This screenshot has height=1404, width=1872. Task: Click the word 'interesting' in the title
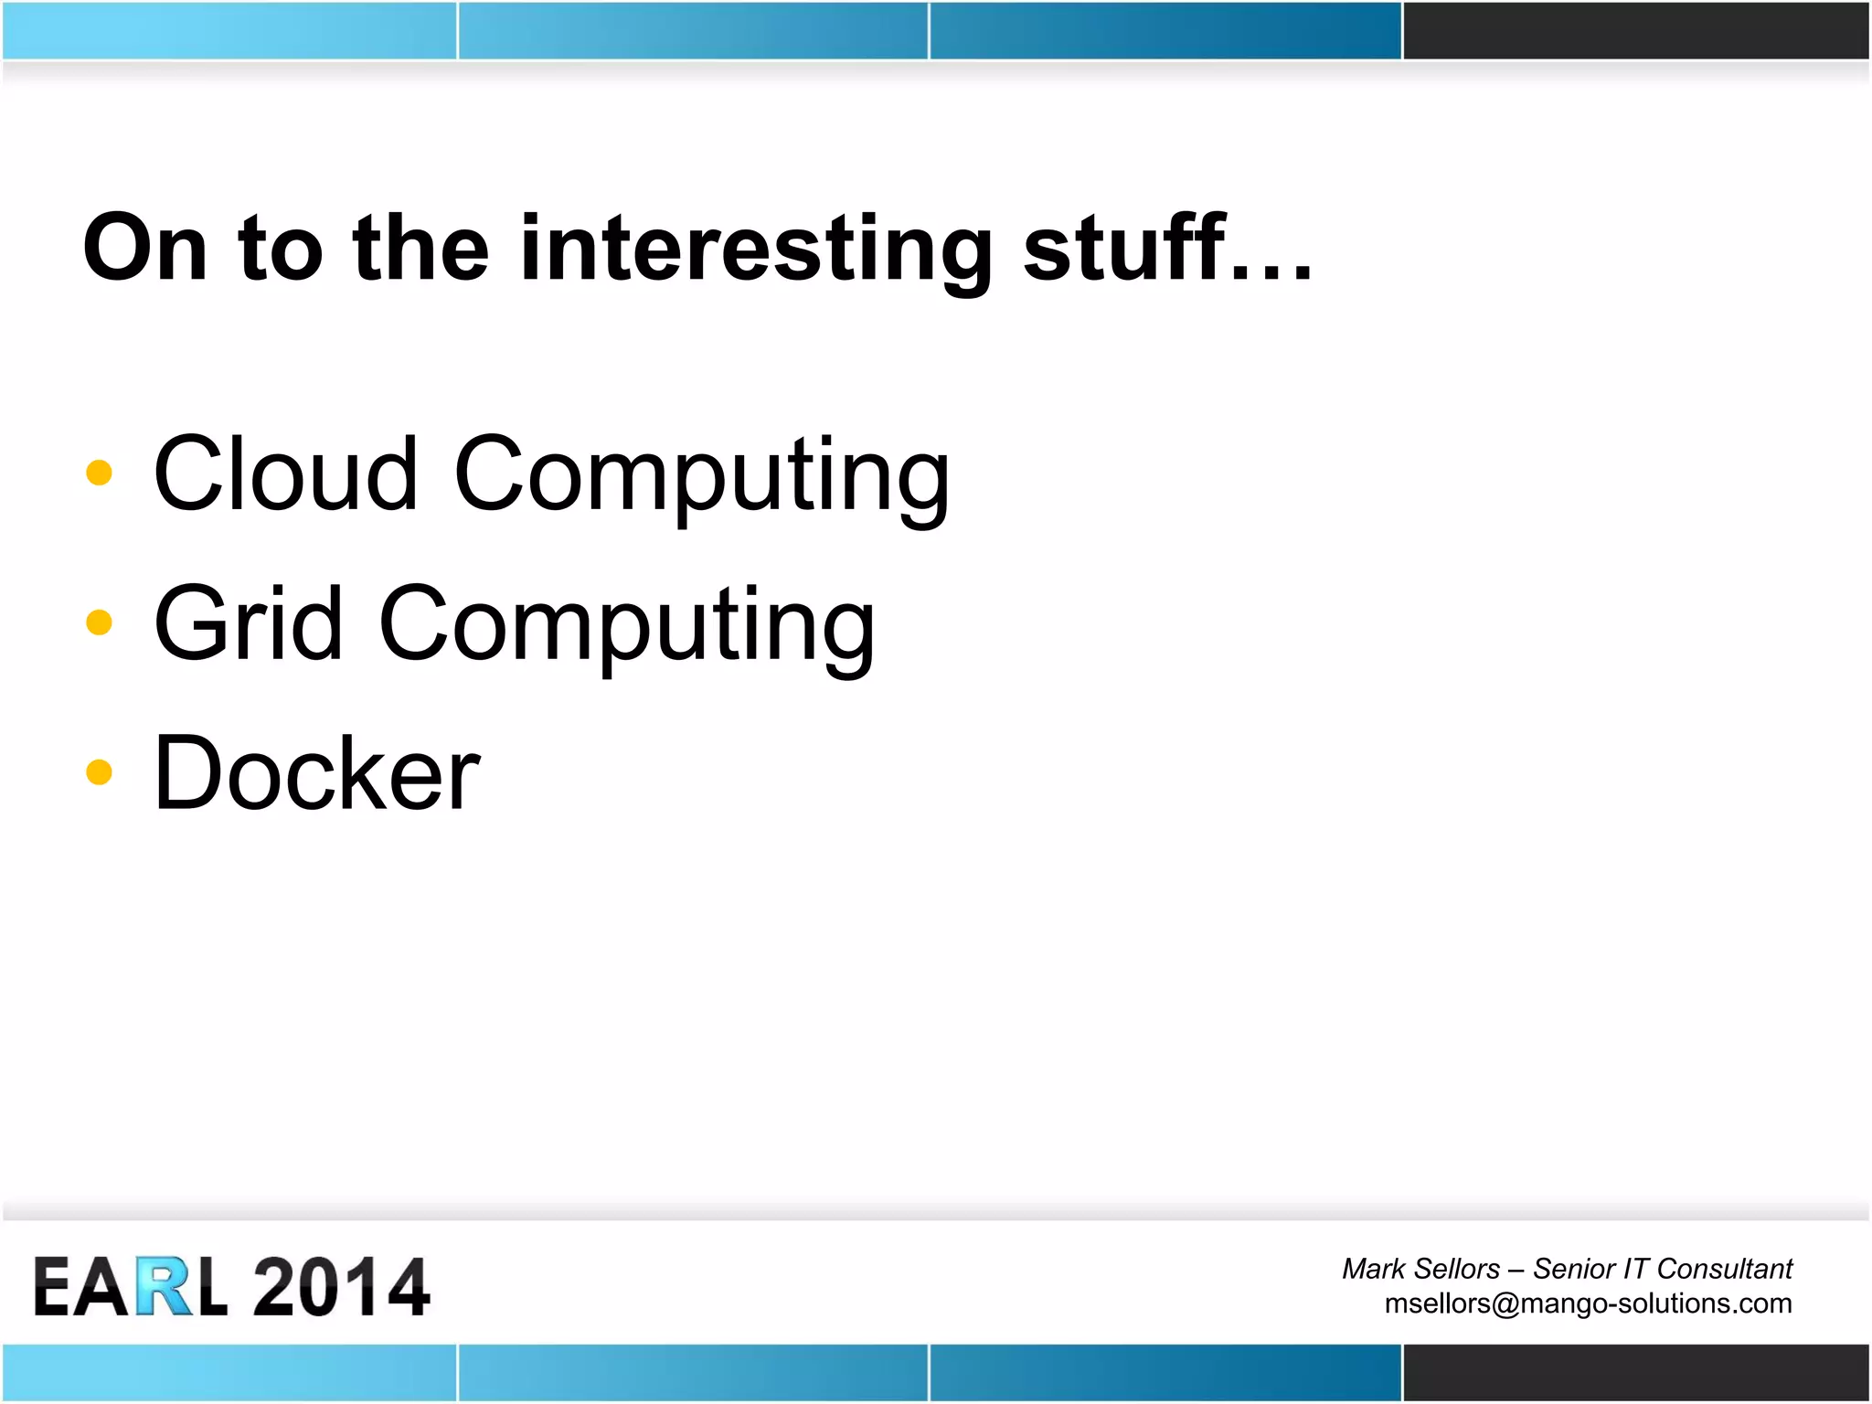click(x=755, y=249)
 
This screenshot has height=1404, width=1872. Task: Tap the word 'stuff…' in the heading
click(x=1167, y=249)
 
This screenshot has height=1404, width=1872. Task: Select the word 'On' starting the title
click(x=145, y=249)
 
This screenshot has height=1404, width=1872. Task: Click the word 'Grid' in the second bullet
click(x=248, y=623)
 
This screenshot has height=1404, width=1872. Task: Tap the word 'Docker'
click(x=316, y=773)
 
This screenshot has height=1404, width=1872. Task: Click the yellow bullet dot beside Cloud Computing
click(x=99, y=473)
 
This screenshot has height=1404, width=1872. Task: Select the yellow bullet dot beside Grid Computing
click(x=99, y=622)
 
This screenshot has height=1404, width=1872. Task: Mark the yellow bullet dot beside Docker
click(x=99, y=772)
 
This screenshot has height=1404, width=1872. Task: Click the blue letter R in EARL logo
click(x=165, y=1286)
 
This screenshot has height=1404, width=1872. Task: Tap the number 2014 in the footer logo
click(x=341, y=1286)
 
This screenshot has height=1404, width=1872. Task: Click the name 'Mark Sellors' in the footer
click(x=1420, y=1269)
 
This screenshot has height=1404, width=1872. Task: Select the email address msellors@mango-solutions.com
click(x=1588, y=1303)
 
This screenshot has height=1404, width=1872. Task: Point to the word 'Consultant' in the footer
click(x=1724, y=1269)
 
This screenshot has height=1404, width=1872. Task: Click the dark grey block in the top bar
click(x=1635, y=30)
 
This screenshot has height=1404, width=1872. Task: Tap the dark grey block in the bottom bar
click(x=1635, y=1372)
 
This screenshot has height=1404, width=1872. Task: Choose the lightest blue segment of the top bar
click(x=229, y=30)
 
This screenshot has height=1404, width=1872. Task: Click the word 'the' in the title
click(x=420, y=249)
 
